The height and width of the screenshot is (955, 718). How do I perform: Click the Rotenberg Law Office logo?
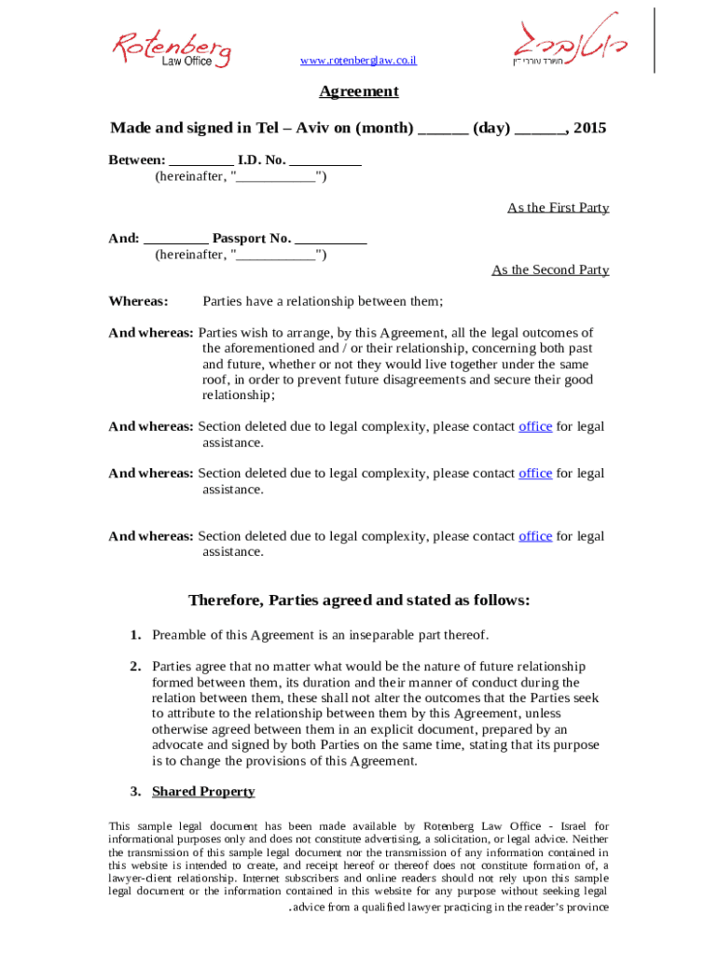pyautogui.click(x=172, y=48)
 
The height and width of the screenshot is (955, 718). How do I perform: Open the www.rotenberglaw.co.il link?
pyautogui.click(x=358, y=61)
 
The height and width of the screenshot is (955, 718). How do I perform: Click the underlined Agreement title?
pyautogui.click(x=359, y=91)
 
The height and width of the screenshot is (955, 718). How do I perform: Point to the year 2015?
pyautogui.click(x=590, y=128)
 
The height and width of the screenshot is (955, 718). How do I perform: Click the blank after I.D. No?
pyautogui.click(x=325, y=159)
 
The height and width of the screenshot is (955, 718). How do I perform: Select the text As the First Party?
pyautogui.click(x=558, y=207)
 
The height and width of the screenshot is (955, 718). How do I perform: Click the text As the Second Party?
pyautogui.click(x=550, y=270)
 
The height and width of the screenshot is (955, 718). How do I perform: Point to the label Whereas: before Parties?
pyautogui.click(x=138, y=301)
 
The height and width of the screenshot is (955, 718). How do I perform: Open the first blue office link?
pyautogui.click(x=535, y=426)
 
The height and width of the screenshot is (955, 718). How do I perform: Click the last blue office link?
pyautogui.click(x=535, y=536)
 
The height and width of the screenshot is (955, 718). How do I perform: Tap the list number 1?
pyautogui.click(x=135, y=635)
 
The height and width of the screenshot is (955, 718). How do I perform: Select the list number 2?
pyautogui.click(x=135, y=666)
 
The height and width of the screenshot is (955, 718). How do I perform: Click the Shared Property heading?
pyautogui.click(x=203, y=792)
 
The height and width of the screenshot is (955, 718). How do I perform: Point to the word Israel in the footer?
pyautogui.click(x=571, y=826)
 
